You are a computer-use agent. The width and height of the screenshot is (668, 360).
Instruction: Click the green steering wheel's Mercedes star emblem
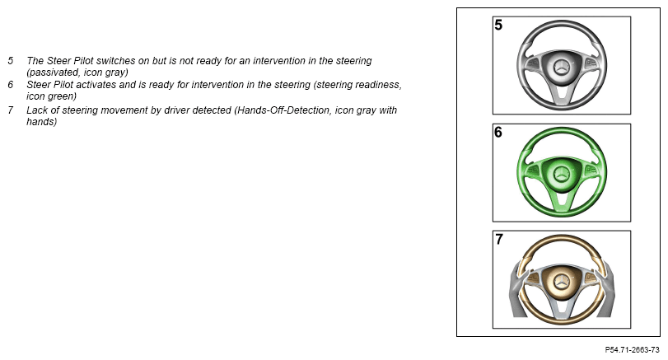562,174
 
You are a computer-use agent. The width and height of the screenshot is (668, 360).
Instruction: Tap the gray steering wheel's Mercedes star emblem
562,68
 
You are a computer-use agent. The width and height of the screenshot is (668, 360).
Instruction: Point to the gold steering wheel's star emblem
562,281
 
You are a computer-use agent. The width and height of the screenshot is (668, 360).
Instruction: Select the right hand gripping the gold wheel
605,289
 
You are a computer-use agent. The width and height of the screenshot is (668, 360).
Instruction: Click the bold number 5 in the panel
498,25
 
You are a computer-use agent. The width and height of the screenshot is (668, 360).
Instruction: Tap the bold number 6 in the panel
498,132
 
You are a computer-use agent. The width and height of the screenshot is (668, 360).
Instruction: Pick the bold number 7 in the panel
499,240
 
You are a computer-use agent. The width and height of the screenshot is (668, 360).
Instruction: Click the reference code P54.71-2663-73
633,350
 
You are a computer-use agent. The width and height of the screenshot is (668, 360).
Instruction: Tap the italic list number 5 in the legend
11,60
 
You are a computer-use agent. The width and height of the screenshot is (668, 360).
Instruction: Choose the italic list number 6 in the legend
11,84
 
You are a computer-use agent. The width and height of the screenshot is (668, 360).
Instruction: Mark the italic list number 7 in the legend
11,110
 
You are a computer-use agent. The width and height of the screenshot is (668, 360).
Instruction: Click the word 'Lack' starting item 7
36,110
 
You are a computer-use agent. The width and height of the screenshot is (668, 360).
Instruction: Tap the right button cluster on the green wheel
591,170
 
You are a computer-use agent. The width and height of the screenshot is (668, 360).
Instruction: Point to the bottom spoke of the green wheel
562,199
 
